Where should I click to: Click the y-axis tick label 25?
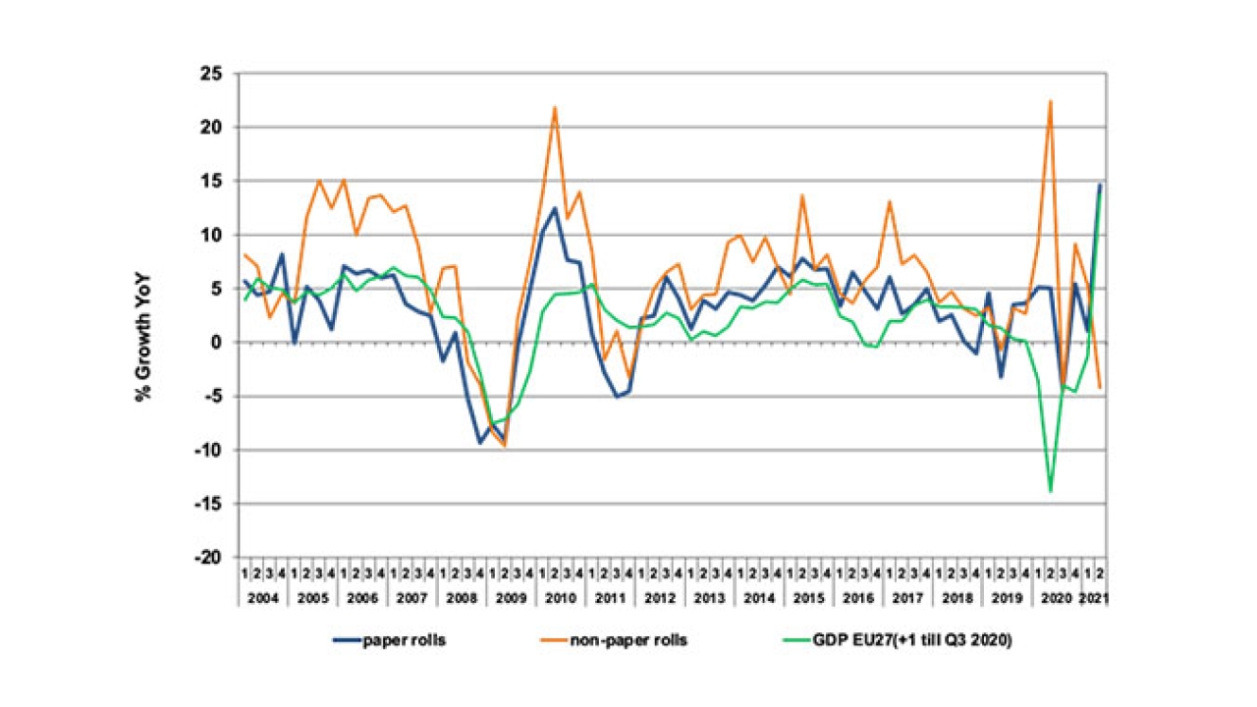[211, 74]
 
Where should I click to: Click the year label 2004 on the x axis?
[263, 596]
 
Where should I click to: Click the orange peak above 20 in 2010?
[555, 107]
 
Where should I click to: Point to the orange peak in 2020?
[1051, 101]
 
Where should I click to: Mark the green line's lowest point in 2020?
[1051, 491]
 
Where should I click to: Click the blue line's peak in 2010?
[555, 208]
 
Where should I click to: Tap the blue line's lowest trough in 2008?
[480, 443]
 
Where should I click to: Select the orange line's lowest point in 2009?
[505, 446]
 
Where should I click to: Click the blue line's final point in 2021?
[1100, 185]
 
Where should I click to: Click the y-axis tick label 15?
[211, 182]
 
